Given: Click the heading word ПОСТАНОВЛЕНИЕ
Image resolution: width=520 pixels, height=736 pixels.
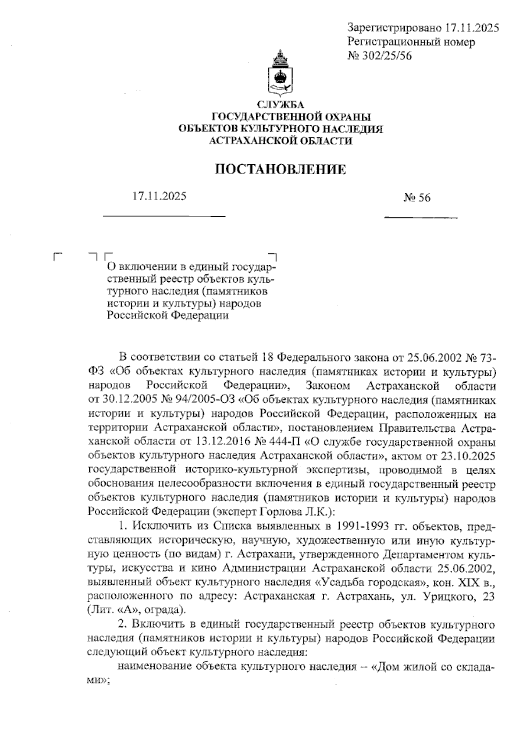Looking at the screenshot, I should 281,169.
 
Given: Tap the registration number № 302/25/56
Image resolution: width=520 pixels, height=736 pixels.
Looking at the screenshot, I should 380,56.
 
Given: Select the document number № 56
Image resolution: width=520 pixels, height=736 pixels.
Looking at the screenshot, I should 417,198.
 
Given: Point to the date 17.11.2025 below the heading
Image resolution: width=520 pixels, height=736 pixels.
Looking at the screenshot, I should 159,196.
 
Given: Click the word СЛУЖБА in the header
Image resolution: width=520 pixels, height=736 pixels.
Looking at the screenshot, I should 281,105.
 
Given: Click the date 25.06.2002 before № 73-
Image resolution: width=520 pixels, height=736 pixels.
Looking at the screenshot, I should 434,358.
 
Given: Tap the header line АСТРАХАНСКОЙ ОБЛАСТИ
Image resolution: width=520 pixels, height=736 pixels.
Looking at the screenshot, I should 281,141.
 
